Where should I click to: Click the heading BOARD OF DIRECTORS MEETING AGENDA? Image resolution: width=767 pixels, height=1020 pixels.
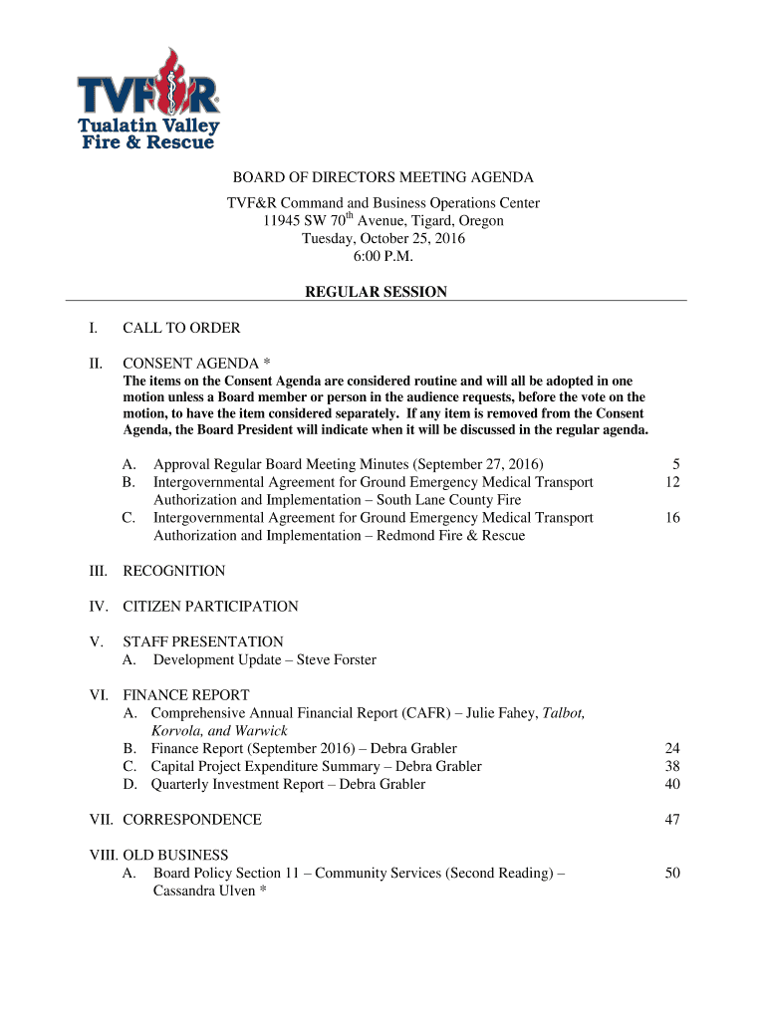click(383, 177)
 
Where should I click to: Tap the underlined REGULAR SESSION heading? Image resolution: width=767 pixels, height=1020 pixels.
click(376, 292)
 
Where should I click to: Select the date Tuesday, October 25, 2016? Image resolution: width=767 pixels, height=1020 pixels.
click(383, 238)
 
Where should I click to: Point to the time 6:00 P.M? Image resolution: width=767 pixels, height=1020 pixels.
click(383, 256)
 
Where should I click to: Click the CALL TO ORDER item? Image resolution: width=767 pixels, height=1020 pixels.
click(181, 328)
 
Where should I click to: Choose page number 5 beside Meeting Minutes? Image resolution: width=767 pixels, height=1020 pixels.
click(675, 464)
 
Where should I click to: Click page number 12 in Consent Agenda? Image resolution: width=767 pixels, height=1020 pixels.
click(671, 482)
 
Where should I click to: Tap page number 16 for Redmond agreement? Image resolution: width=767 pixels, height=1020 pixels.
click(671, 518)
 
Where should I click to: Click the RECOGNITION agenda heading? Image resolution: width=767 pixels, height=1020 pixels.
click(173, 571)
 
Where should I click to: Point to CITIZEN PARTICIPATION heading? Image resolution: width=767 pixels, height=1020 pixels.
click(210, 606)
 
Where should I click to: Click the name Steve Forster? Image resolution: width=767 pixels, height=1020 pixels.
click(337, 659)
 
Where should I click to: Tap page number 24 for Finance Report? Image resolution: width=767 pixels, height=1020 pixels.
click(671, 748)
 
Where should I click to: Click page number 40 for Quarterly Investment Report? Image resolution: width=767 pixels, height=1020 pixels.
click(671, 784)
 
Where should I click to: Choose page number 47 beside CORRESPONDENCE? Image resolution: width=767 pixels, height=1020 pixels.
click(671, 819)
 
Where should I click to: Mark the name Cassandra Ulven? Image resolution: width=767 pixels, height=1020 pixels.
click(204, 891)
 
